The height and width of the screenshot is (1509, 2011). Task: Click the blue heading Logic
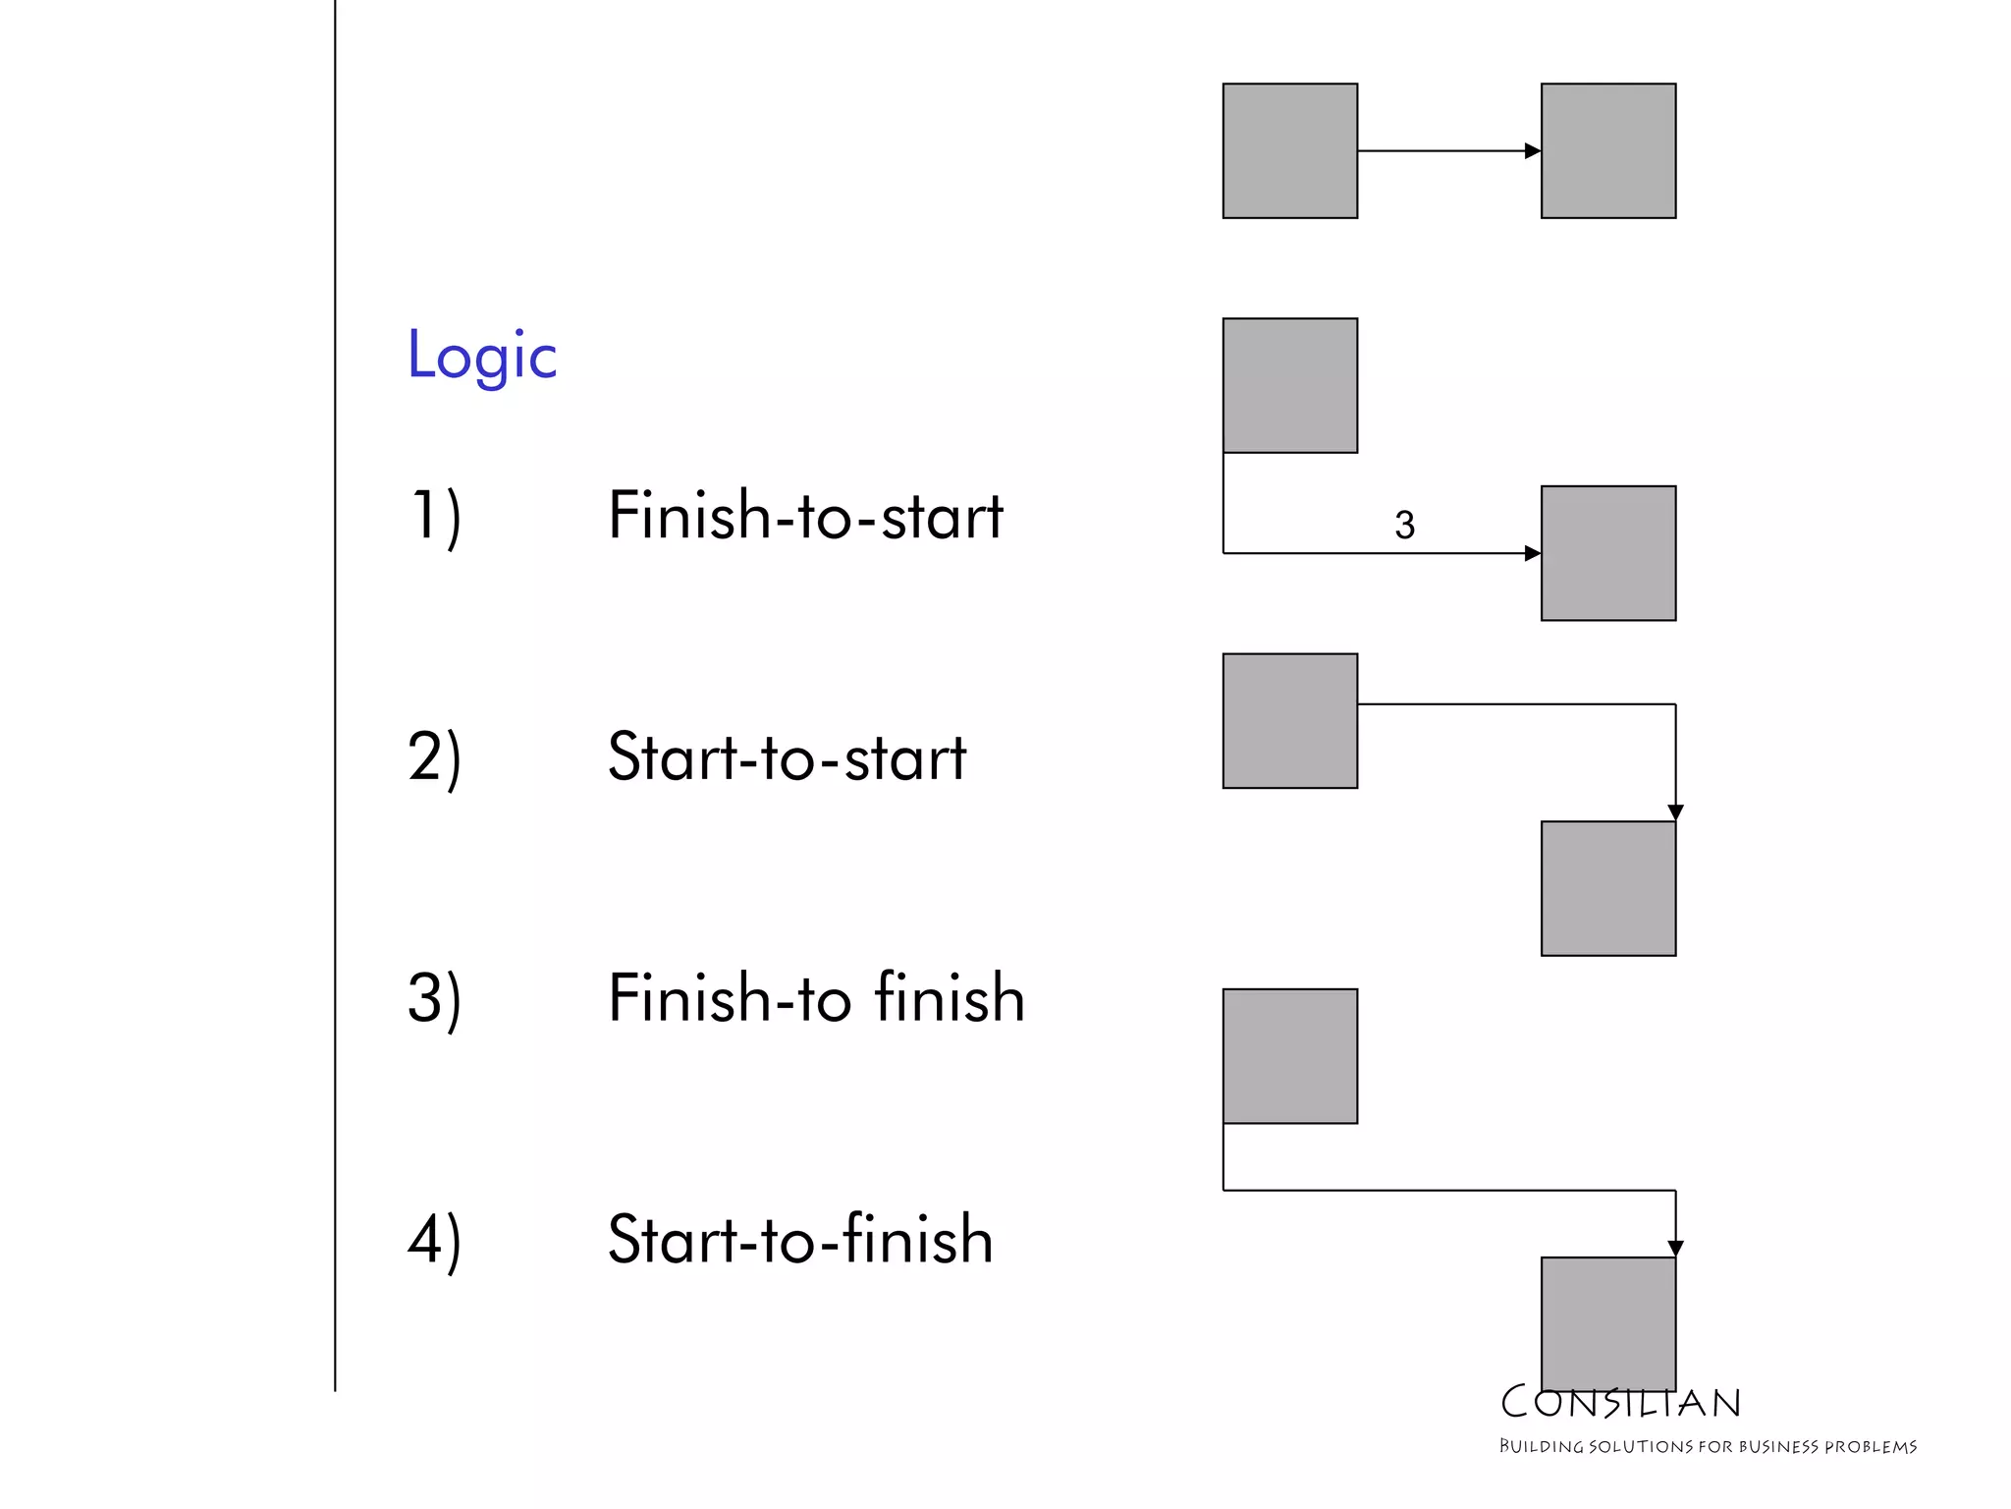(482, 356)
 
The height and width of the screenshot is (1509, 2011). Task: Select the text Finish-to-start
(805, 516)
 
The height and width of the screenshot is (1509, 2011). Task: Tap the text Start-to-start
(787, 757)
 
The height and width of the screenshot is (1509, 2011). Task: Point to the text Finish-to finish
(816, 998)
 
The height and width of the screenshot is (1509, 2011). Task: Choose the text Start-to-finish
(800, 1240)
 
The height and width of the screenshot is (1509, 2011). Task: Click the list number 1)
(435, 516)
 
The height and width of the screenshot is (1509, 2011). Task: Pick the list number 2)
(435, 757)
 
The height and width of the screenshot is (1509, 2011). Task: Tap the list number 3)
(435, 999)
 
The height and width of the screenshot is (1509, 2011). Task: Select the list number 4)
(435, 1240)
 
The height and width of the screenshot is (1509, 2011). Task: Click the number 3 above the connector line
(1404, 526)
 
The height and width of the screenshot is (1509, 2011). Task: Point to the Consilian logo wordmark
(1620, 1403)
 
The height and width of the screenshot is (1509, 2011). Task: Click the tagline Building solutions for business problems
(1708, 1446)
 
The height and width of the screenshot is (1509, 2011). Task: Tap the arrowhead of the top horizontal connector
(1533, 151)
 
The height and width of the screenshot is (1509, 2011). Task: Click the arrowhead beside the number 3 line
(1533, 553)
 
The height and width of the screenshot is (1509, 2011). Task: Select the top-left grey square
(1290, 151)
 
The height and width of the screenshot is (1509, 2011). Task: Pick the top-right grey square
(1608, 151)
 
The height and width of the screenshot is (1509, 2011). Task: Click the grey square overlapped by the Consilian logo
(1608, 1321)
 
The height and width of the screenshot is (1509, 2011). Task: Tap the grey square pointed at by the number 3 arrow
(1608, 553)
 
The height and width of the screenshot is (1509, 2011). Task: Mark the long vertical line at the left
(335, 688)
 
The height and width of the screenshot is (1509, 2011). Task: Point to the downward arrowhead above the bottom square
(1675, 1249)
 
